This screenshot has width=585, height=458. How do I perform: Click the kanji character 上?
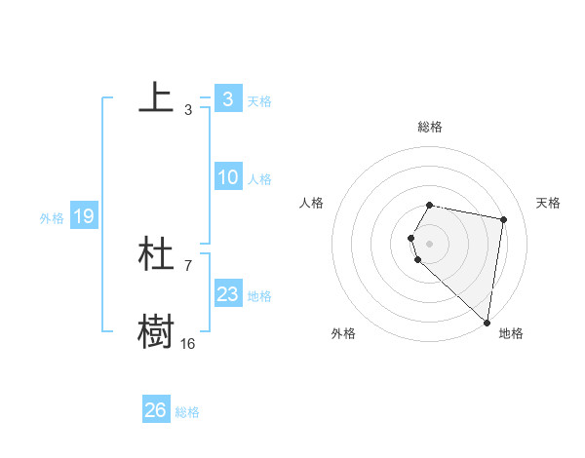(x=156, y=97)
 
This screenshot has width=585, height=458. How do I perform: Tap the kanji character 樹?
(x=156, y=331)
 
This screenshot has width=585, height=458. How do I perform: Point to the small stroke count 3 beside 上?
(x=188, y=109)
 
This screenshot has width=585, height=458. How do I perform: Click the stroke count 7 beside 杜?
(x=188, y=265)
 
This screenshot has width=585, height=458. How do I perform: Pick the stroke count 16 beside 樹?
(x=188, y=343)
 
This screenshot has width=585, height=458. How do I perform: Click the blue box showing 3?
(x=227, y=99)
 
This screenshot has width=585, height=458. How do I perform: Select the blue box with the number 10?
(x=227, y=177)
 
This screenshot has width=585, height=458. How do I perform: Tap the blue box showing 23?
(x=227, y=294)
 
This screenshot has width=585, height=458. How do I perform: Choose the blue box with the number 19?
(x=83, y=216)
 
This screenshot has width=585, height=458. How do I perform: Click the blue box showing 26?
(x=155, y=410)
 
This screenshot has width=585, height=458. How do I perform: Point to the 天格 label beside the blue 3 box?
(x=258, y=100)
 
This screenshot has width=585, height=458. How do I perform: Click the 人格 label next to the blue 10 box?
(x=259, y=179)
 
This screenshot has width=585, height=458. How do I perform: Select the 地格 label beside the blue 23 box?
(x=259, y=295)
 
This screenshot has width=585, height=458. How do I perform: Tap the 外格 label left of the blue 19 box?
(x=52, y=218)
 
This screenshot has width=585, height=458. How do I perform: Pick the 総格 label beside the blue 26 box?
(x=187, y=412)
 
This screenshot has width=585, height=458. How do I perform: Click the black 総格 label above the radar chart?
(x=430, y=127)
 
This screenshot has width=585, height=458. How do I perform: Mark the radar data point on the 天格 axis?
(x=503, y=220)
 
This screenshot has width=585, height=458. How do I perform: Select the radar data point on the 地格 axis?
(x=487, y=322)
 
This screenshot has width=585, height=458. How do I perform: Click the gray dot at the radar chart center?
(x=430, y=243)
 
